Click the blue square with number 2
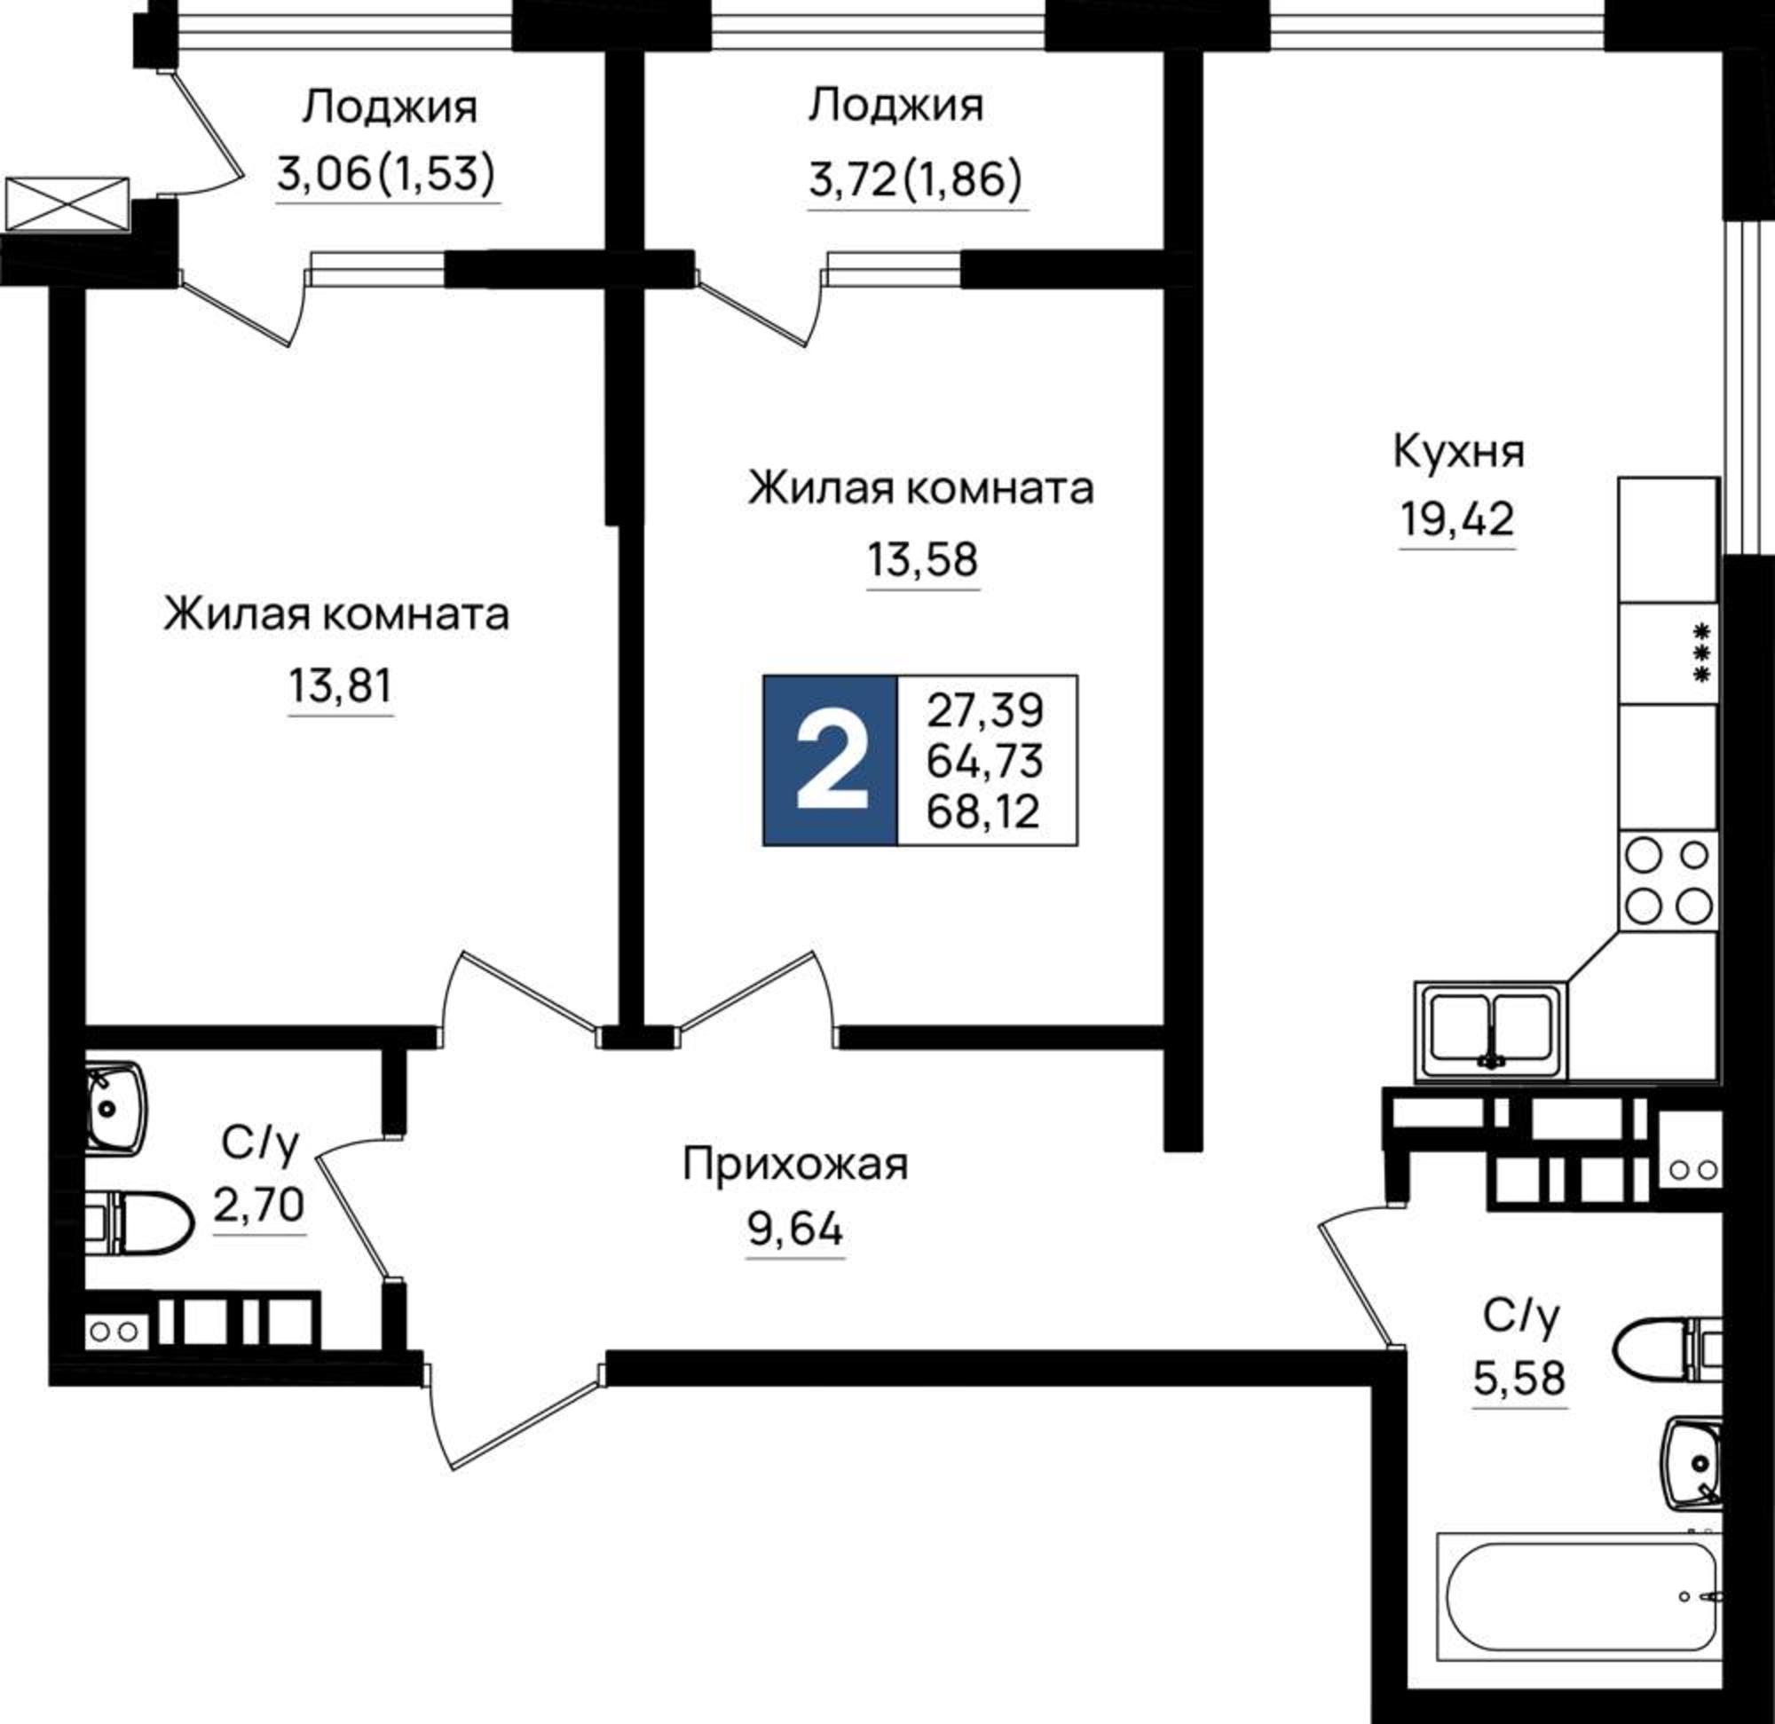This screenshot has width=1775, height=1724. click(830, 760)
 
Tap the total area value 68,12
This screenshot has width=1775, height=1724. click(983, 811)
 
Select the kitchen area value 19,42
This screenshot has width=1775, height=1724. click(1457, 520)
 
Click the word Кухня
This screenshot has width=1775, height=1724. click(1458, 451)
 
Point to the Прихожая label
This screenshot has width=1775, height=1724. click(794, 1164)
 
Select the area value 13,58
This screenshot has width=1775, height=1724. click(923, 560)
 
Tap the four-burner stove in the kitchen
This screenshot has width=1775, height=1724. click(1668, 880)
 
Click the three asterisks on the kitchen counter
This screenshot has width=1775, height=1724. click(1702, 652)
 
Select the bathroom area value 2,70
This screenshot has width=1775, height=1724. click(259, 1206)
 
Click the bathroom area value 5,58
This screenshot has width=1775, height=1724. click(1519, 1379)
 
